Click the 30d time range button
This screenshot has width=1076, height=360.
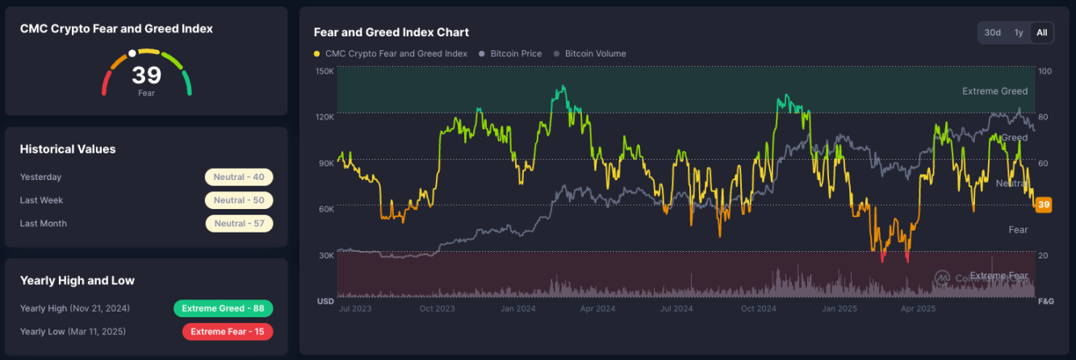pos(993,32)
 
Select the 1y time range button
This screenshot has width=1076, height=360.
pos(1019,32)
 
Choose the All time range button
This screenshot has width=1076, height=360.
pos(1042,32)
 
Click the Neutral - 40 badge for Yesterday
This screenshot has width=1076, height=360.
pos(239,177)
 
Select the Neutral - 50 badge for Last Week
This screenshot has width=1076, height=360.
pos(239,200)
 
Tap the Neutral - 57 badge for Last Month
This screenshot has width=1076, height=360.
pos(239,223)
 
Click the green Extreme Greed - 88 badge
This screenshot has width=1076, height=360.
pos(223,308)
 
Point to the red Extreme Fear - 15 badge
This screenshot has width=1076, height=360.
pos(228,331)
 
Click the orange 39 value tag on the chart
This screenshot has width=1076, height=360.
pos(1044,205)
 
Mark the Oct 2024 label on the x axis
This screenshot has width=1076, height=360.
pos(758,308)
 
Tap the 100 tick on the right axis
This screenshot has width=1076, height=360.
pos(1045,71)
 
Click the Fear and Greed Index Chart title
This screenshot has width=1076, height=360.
pos(391,32)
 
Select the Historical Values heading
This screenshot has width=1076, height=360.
pos(68,149)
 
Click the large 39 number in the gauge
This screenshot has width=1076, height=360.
pos(147,75)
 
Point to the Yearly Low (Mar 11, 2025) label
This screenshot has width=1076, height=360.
pos(73,331)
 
